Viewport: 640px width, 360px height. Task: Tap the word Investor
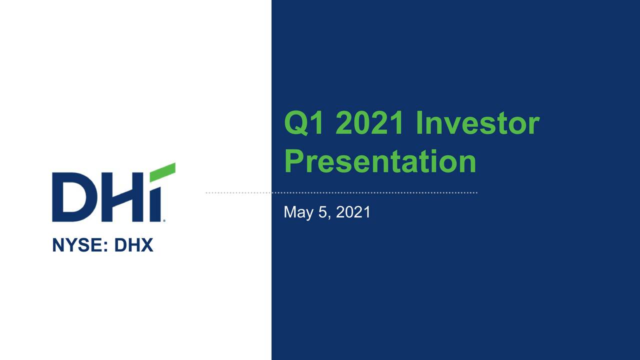click(x=477, y=123)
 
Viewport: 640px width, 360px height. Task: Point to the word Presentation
click(x=380, y=161)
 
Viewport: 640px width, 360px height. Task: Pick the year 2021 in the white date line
click(x=353, y=212)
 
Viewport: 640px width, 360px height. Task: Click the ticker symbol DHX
click(x=133, y=245)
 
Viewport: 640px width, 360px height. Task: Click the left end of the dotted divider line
click(x=207, y=192)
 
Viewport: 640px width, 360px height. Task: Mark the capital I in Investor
click(x=420, y=123)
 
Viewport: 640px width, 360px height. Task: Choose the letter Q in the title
click(x=295, y=123)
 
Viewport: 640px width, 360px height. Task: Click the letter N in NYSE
click(x=58, y=245)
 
